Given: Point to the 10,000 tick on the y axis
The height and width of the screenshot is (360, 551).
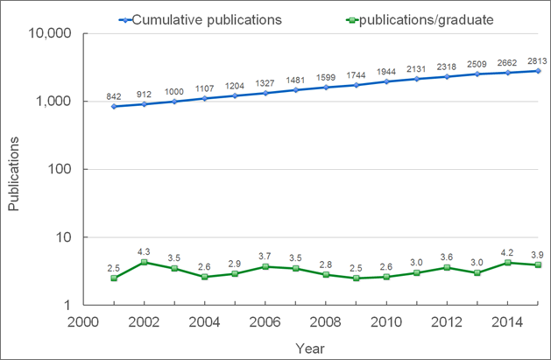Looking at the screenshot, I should pos(50,34).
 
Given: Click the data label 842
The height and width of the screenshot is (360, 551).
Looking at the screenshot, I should pos(114,95).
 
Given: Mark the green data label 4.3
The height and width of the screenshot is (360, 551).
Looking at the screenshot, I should pos(144,251).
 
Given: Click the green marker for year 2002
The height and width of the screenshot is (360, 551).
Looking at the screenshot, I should pos(144,262).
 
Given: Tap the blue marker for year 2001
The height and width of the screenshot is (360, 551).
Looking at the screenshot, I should pos(115,106).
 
